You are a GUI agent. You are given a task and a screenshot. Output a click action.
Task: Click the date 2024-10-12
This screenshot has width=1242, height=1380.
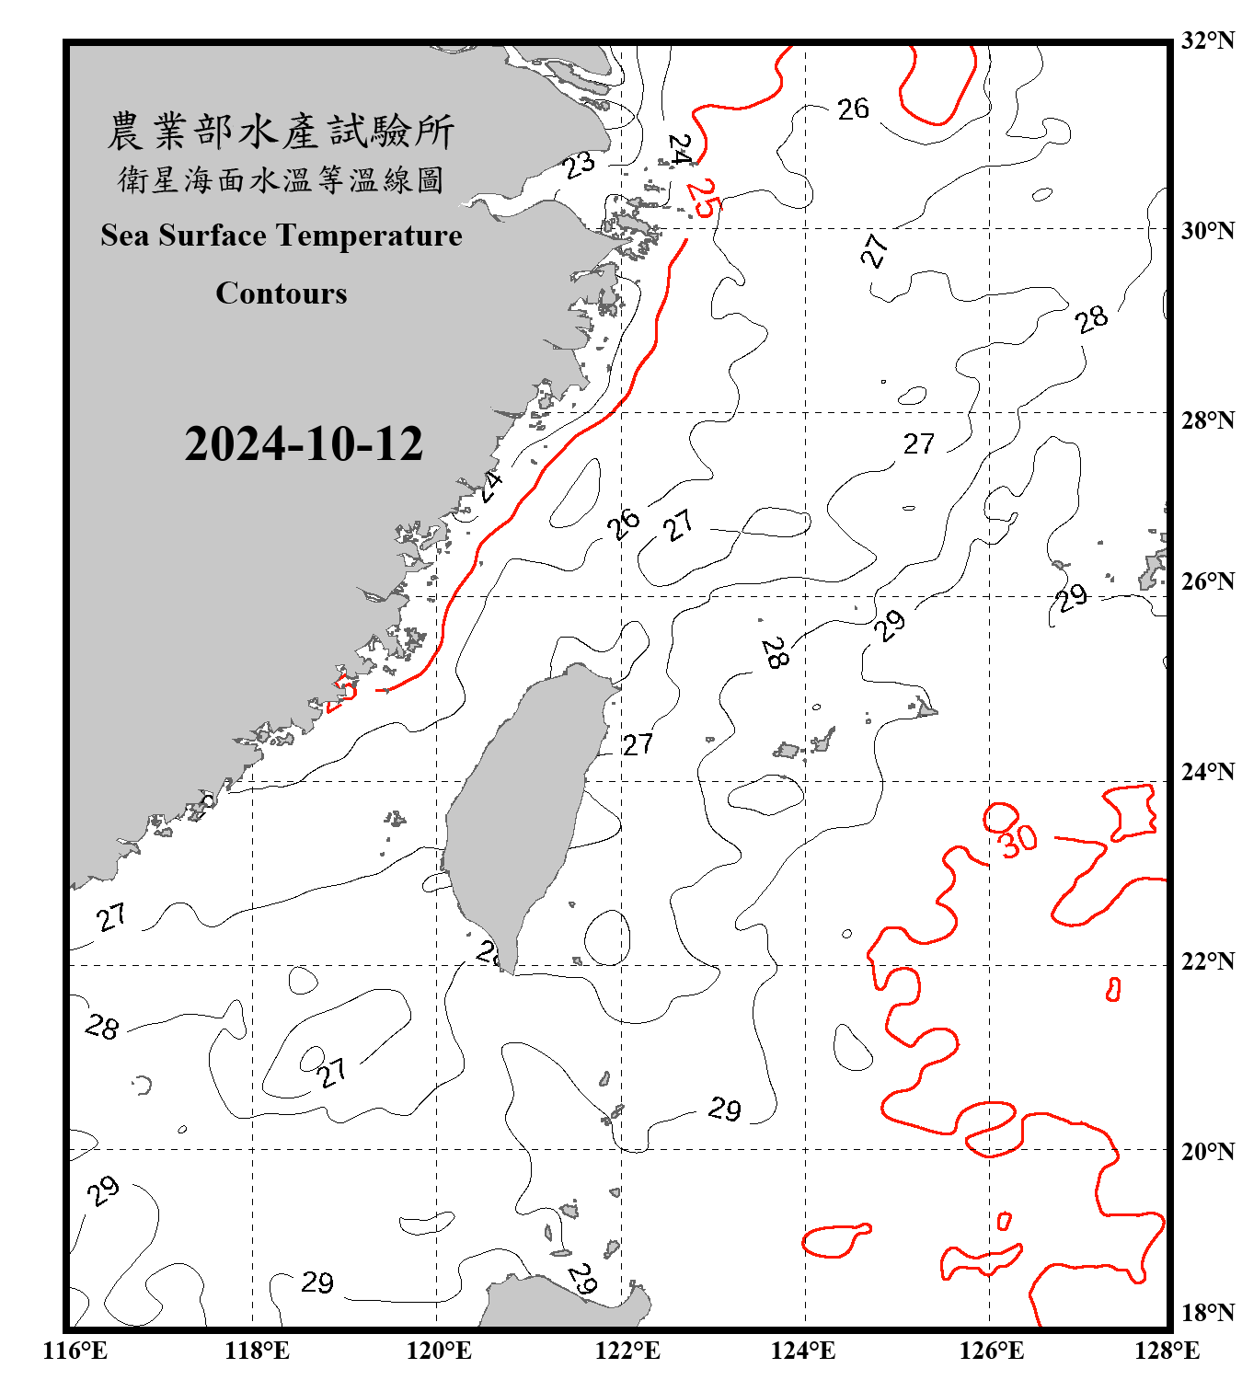tap(304, 444)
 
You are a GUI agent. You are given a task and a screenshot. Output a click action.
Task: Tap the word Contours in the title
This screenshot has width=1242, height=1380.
tap(282, 293)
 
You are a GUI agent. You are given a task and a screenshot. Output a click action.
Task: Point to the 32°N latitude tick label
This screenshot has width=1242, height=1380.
tap(1208, 40)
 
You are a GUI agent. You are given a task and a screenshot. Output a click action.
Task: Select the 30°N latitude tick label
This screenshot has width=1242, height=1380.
tap(1208, 230)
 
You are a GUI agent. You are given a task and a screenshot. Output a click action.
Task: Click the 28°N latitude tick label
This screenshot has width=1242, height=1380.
tap(1208, 420)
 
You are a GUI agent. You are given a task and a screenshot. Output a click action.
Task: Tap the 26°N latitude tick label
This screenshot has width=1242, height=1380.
tap(1208, 581)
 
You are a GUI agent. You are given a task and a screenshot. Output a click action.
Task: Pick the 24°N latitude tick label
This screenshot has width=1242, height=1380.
tap(1208, 771)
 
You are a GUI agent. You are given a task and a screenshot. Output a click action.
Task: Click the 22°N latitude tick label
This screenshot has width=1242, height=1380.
tap(1208, 961)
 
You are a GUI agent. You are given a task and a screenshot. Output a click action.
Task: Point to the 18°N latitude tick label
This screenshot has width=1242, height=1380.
tap(1208, 1313)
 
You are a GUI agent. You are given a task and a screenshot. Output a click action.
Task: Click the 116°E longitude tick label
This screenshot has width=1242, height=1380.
tap(75, 1351)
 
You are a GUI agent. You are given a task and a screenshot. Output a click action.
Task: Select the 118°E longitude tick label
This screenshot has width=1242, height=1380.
tap(258, 1351)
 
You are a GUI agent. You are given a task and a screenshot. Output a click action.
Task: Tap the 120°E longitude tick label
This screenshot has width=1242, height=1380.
tap(440, 1351)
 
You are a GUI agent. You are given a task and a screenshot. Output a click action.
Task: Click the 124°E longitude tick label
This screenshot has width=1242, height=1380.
tap(803, 1351)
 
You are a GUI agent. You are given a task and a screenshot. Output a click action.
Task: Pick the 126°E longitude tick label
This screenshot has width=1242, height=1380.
tap(992, 1351)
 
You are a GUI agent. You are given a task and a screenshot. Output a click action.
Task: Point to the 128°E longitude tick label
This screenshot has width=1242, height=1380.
tap(1167, 1351)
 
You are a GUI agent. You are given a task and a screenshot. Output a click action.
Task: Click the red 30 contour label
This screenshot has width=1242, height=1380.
tap(1018, 840)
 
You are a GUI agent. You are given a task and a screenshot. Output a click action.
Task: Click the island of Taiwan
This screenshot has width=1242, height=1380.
tap(520, 810)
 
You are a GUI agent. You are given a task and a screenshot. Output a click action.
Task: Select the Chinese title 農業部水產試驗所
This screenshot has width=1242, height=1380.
tap(281, 132)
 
